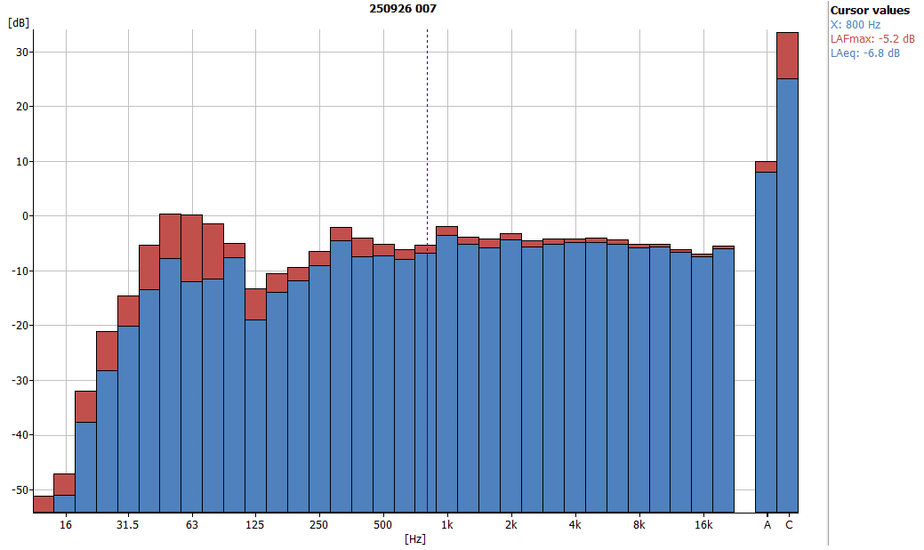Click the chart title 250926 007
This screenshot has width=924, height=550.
click(x=403, y=9)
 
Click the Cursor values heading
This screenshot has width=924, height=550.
click(x=870, y=10)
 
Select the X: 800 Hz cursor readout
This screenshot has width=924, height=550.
click(x=855, y=25)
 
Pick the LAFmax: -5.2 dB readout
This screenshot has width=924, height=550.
click(x=872, y=39)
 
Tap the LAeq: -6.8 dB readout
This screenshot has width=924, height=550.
click(x=864, y=53)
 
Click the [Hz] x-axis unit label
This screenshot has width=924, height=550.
click(x=414, y=539)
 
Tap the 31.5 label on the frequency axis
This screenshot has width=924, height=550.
click(x=128, y=525)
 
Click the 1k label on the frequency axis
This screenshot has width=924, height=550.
click(x=447, y=525)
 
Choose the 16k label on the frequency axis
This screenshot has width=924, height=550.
click(x=703, y=525)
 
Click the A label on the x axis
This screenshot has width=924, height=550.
click(x=767, y=525)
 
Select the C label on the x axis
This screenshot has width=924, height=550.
click(x=788, y=525)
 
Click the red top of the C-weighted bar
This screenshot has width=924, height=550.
click(x=788, y=55)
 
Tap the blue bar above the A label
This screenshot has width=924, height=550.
click(x=767, y=338)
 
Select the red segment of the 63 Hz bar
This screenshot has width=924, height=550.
click(x=192, y=247)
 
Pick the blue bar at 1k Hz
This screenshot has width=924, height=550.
click(x=447, y=374)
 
